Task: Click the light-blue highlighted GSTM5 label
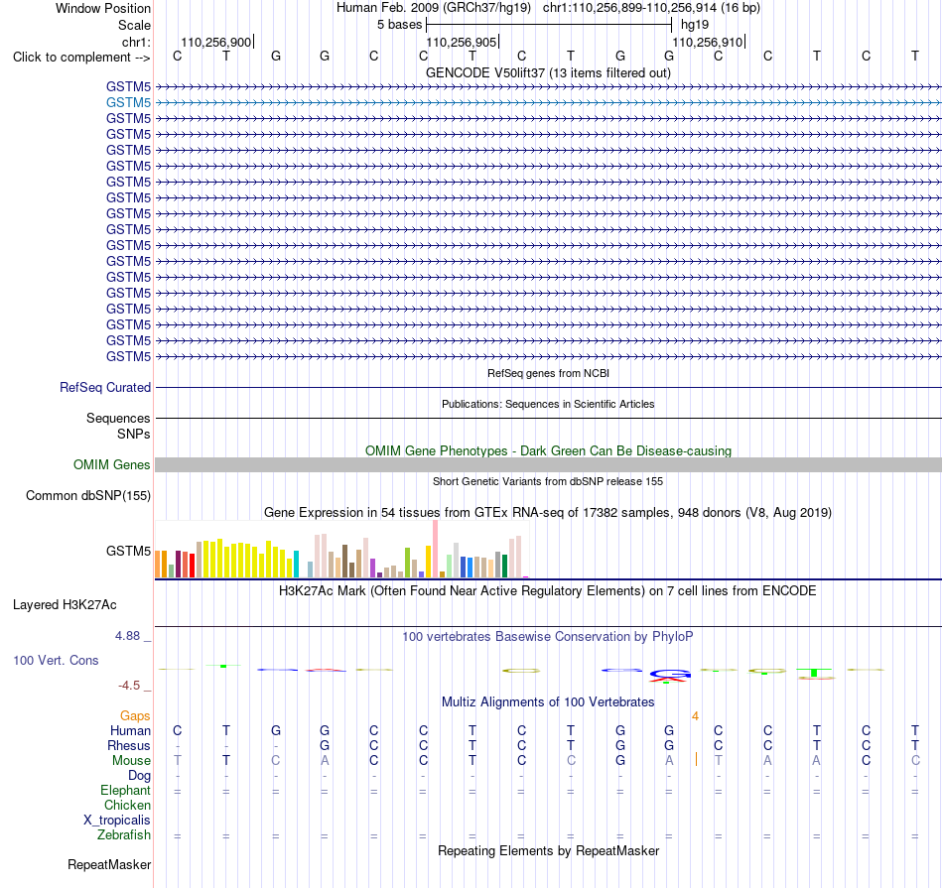pos(128,103)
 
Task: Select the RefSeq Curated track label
pos(105,387)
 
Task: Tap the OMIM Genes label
pos(112,464)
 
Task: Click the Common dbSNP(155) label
pos(88,495)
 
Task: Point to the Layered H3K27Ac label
pos(65,605)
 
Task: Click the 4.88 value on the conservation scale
pos(127,636)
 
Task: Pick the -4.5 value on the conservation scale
pos(129,686)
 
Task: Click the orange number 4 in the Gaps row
pos(695,716)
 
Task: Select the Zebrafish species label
pos(124,835)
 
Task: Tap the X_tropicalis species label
pos(117,821)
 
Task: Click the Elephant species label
pos(126,791)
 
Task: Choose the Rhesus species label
pos(129,745)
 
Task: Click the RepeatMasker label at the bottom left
pos(109,864)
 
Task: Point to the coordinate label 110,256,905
pos(462,42)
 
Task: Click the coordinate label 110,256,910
pos(707,42)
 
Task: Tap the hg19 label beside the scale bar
pos(695,25)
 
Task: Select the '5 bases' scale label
pos(399,25)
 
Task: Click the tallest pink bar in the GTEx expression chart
pos(435,549)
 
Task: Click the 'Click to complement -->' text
pos(81,58)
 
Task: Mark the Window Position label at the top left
pos(103,8)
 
